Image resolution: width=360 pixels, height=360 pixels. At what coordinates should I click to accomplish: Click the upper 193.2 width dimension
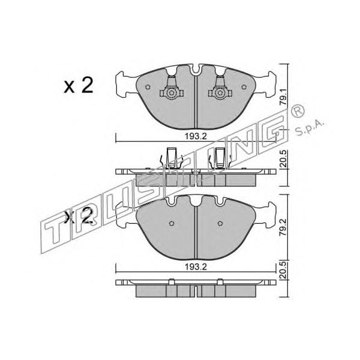click(x=196, y=136)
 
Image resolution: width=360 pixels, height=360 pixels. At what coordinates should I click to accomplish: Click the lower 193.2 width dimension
click(x=196, y=267)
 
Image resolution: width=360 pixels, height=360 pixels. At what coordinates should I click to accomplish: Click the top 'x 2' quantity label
click(x=79, y=85)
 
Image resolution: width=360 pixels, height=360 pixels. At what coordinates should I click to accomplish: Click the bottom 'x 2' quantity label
click(x=79, y=216)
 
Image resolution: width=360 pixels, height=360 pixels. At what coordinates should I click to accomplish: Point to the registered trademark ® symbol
click(x=298, y=112)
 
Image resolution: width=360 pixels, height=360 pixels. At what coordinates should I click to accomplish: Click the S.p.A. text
click(x=310, y=128)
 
